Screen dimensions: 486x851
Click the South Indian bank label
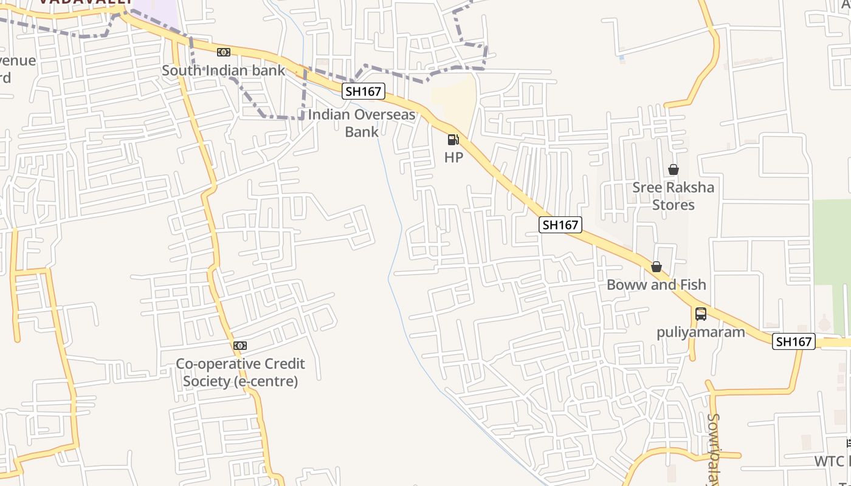(x=223, y=70)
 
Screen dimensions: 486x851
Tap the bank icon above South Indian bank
(x=224, y=52)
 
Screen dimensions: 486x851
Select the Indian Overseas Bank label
(x=362, y=123)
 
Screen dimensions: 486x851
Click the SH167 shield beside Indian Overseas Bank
(x=363, y=92)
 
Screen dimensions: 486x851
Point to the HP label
(x=453, y=157)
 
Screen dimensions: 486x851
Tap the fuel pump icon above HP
(x=453, y=140)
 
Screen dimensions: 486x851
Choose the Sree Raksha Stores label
(x=673, y=196)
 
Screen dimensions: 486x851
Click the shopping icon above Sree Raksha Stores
(x=674, y=169)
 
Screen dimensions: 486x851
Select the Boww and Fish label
(x=656, y=284)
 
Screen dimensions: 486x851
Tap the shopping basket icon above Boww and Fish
(x=656, y=267)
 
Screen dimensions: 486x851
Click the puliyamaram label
(x=700, y=332)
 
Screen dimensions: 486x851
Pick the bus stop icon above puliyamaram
(x=701, y=314)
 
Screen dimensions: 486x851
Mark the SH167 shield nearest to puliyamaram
(x=794, y=341)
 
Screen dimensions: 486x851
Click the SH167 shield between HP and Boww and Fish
(x=560, y=225)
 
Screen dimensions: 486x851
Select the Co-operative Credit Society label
(x=240, y=372)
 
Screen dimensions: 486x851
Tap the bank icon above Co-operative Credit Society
(x=240, y=346)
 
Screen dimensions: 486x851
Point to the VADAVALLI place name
(x=85, y=2)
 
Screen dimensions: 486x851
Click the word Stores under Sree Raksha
(x=673, y=205)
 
